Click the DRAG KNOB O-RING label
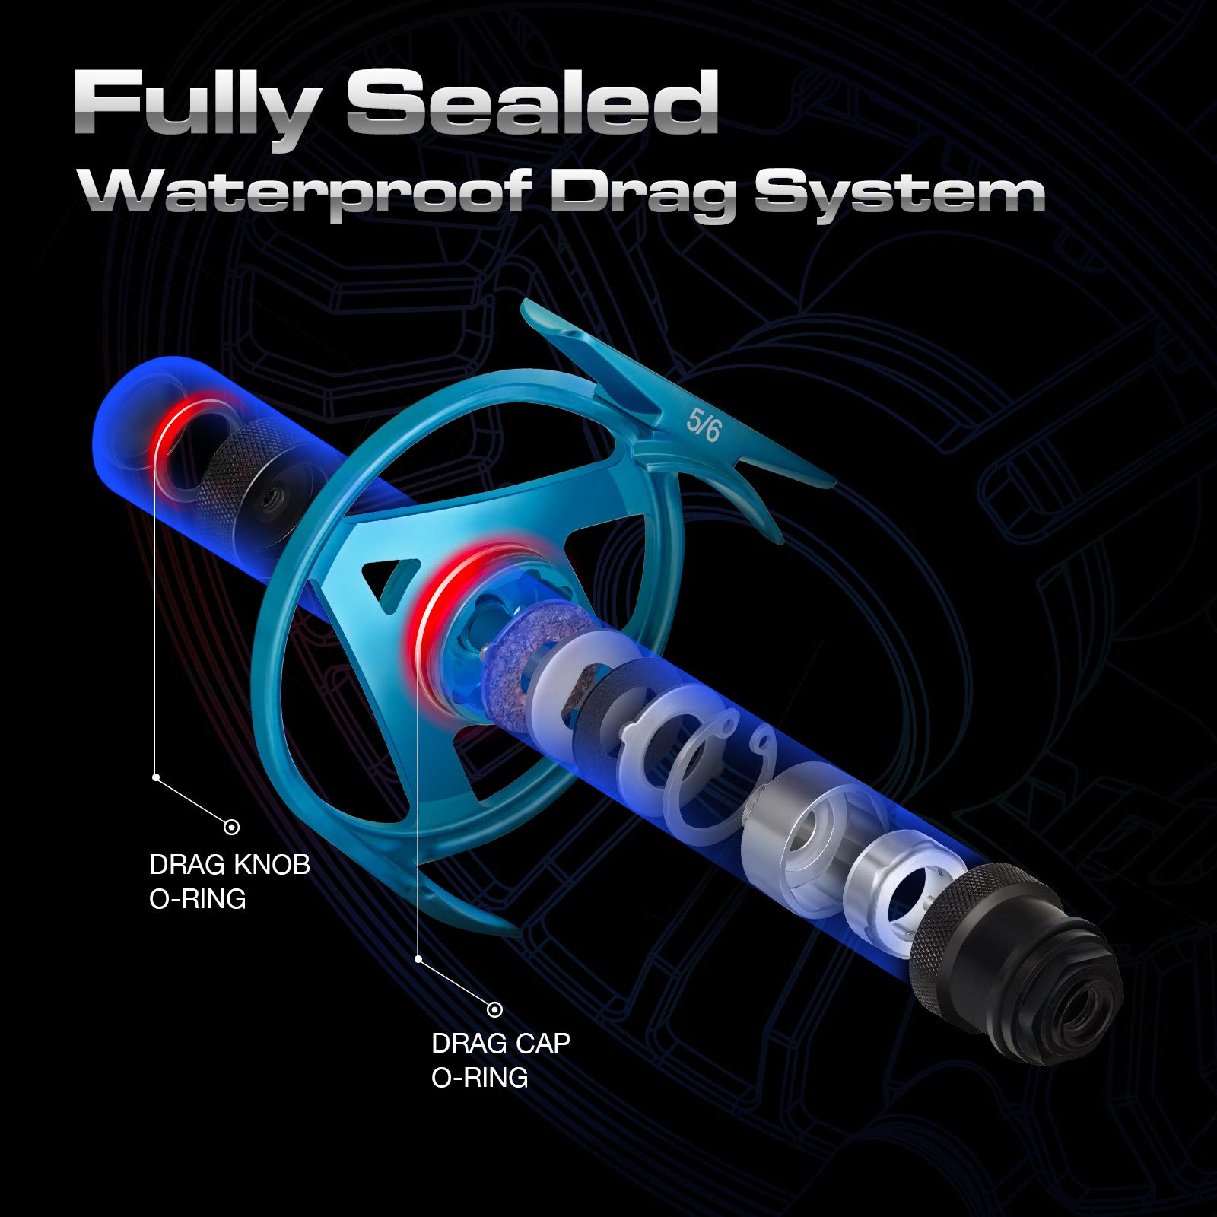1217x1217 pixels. [230, 882]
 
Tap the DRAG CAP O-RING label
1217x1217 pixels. [500, 1060]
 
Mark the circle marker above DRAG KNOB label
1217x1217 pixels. [232, 827]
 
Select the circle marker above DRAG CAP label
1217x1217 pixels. [495, 1009]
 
